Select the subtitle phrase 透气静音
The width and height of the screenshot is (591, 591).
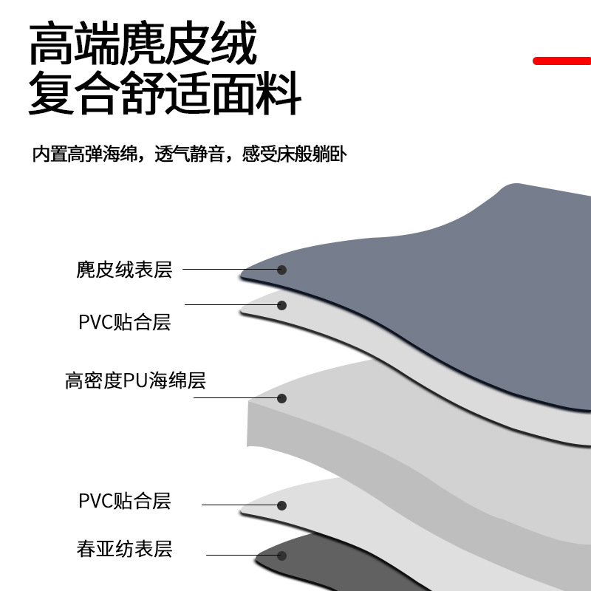point(188,155)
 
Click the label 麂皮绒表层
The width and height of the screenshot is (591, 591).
point(124,270)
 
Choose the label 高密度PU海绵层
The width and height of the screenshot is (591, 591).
point(135,381)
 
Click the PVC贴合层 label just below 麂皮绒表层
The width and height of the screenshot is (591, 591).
point(124,322)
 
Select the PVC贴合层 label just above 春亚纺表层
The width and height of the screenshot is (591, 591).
point(124,501)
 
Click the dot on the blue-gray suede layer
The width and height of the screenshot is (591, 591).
point(281,270)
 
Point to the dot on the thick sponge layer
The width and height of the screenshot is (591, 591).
point(281,398)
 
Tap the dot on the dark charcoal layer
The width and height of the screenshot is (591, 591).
point(281,555)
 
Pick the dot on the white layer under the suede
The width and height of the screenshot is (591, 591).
point(281,304)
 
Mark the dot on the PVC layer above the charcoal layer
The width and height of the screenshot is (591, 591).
point(281,506)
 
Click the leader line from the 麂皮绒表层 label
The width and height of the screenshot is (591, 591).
point(229,270)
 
